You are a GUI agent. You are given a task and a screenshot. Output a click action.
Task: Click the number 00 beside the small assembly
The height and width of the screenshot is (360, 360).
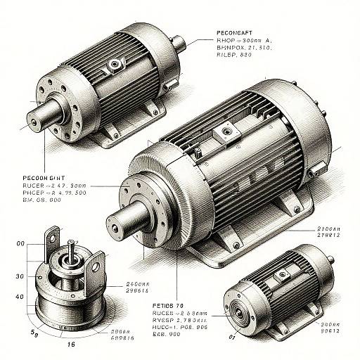(20, 243)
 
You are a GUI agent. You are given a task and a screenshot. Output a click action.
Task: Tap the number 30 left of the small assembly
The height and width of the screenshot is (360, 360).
(20, 276)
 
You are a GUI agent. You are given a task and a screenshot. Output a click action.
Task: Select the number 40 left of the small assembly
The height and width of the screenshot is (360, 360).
(20, 297)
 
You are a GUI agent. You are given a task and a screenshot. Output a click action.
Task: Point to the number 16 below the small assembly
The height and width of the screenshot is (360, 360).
(71, 346)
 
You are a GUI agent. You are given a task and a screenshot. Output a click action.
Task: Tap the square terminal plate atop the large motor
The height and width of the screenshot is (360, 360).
(226, 131)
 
